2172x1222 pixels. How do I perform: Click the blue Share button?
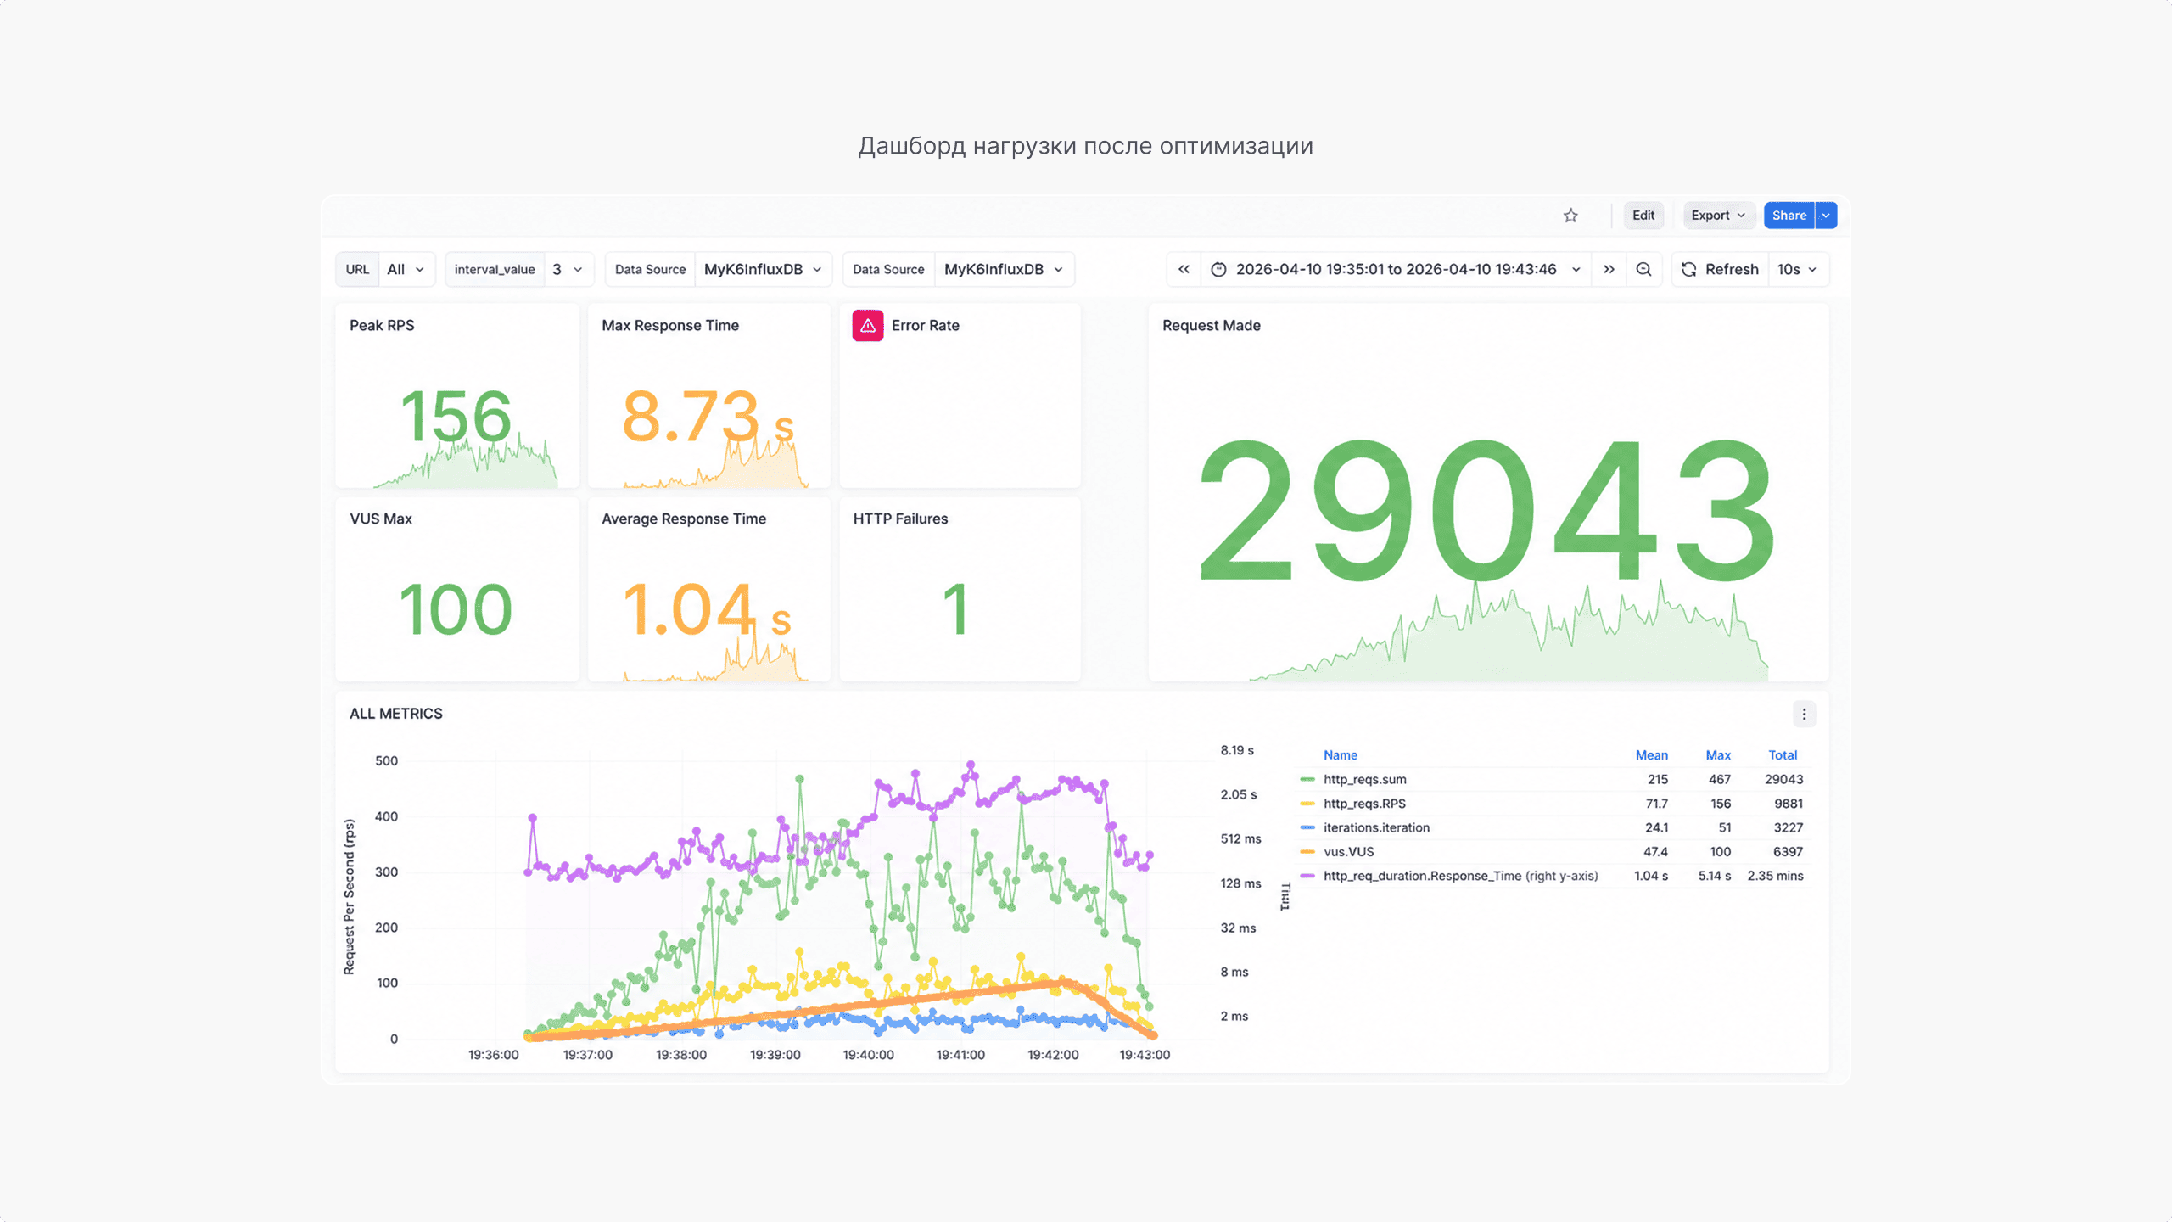point(1789,216)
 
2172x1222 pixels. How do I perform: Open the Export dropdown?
point(1717,216)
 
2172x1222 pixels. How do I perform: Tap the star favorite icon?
point(1570,216)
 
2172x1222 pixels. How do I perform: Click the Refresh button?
point(1720,269)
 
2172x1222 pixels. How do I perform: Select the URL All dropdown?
point(406,269)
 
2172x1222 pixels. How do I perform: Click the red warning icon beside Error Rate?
point(867,325)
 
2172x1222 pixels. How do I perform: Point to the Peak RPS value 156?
point(456,417)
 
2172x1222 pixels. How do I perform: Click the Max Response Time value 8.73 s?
point(708,417)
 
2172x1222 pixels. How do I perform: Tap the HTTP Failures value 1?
point(956,609)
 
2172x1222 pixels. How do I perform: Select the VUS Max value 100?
point(456,609)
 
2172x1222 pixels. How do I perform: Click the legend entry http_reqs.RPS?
point(1364,804)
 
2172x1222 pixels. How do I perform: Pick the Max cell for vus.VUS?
point(1720,852)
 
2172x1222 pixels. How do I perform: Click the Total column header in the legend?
point(1783,755)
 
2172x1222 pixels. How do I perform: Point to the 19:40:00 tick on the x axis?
point(868,1055)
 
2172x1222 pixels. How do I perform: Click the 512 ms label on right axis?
point(1240,839)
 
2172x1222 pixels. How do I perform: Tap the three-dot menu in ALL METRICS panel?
point(1804,715)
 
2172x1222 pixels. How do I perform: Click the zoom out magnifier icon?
point(1643,269)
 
